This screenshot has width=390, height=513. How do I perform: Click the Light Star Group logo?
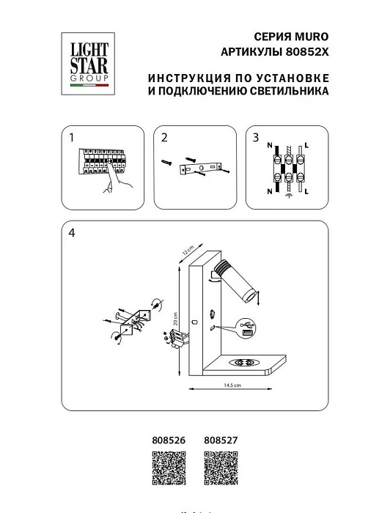(88, 63)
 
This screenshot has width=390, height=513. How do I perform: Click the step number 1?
(71, 137)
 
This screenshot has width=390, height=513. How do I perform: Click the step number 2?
(164, 137)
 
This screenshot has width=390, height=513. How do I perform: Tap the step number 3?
(255, 137)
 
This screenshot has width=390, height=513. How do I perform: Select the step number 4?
(71, 233)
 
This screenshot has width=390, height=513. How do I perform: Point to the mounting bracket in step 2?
(199, 170)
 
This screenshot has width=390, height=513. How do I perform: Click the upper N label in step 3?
(270, 145)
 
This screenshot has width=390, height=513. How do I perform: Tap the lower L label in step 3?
(306, 192)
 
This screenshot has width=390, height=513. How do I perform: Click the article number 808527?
(219, 440)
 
